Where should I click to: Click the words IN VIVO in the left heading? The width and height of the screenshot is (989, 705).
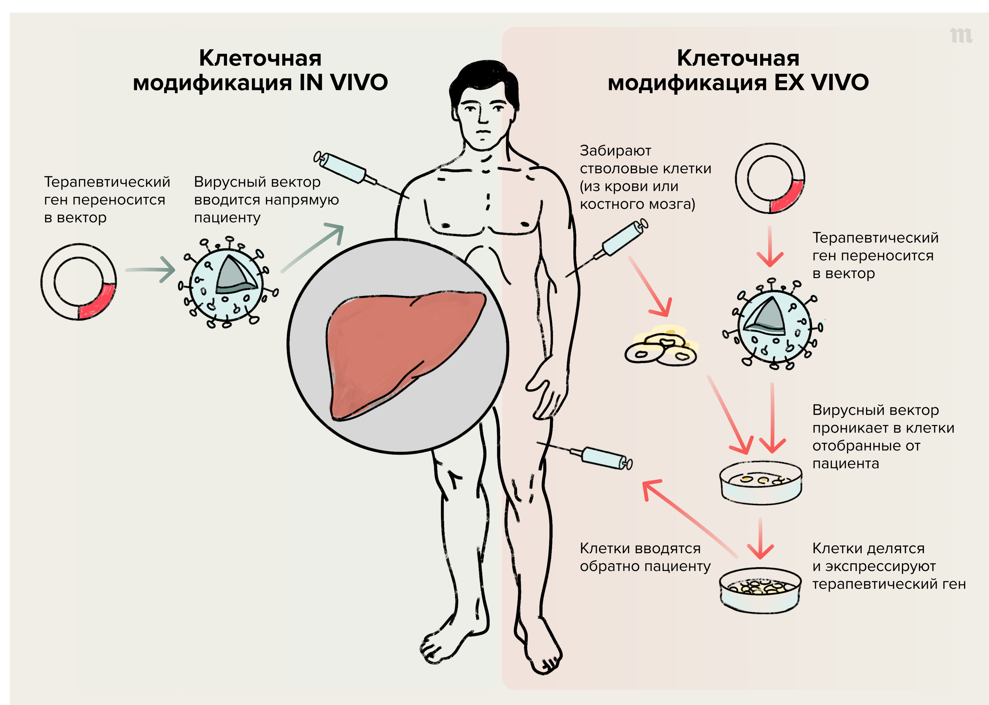pyautogui.click(x=343, y=83)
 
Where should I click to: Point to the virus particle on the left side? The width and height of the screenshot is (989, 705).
pyautogui.click(x=226, y=283)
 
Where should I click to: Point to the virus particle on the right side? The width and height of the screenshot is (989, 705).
pyautogui.click(x=774, y=325)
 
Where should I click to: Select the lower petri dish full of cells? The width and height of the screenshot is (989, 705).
pyautogui.click(x=760, y=590)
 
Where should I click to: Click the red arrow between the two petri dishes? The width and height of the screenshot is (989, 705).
pyautogui.click(x=760, y=538)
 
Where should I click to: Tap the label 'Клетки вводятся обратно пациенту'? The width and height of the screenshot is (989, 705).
pyautogui.click(x=645, y=557)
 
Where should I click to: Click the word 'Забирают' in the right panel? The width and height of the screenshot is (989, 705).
pyautogui.click(x=615, y=151)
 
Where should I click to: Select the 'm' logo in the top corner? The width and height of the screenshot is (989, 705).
pyautogui.click(x=961, y=36)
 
